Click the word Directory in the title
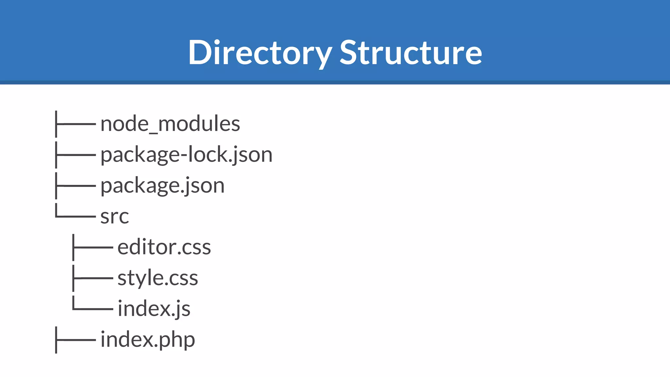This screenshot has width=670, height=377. point(260,53)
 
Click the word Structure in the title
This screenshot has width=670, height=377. point(411,53)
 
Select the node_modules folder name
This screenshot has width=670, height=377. point(170,124)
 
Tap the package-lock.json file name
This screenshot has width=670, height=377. point(186,155)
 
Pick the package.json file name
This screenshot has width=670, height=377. point(162,186)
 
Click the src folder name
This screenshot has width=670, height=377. point(115,217)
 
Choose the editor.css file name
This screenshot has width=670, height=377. point(164,247)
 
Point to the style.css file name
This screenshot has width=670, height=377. point(158,278)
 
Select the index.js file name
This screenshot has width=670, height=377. point(154,309)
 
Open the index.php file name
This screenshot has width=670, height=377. point(148,340)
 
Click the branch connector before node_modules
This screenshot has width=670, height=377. point(75,124)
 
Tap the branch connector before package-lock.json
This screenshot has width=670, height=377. point(75,155)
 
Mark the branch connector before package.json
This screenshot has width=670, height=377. point(75,186)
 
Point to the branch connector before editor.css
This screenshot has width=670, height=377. point(93,247)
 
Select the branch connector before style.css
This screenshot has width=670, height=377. point(93,278)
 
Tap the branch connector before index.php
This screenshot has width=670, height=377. point(75,340)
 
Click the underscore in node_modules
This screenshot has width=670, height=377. point(153,132)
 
